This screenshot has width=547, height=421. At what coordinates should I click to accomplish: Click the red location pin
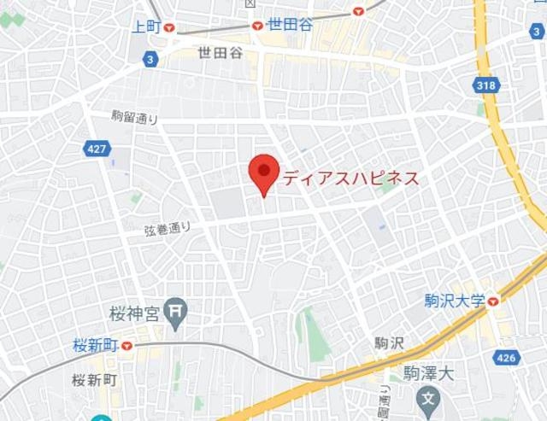pos(264,172)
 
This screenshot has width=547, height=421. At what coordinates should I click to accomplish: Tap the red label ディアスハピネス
pos(350,178)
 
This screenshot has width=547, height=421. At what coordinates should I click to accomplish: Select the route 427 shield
pos(97,149)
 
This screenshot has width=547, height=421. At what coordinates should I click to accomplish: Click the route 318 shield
pos(485,85)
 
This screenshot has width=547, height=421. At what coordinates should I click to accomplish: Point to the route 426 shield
pos(506,357)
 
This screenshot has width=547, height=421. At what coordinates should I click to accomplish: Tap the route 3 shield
pos(150,59)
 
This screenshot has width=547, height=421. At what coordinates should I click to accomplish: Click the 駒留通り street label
pos(135,118)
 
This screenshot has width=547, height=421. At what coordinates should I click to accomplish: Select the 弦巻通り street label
pos(168,229)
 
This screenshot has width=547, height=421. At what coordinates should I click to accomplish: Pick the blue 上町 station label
pos(146,26)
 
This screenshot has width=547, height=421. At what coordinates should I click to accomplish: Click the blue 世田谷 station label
pos(290,25)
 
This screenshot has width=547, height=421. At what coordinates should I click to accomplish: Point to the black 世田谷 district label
pos(220,53)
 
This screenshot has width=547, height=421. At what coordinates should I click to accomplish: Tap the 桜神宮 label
pos(135,313)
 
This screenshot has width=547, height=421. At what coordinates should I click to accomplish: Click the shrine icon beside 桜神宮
pos(177,313)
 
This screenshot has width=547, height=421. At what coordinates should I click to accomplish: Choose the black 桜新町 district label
pos(95,379)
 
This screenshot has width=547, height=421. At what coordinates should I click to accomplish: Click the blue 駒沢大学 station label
pos(455,301)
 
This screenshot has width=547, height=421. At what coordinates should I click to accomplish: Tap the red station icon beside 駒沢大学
pos(493,301)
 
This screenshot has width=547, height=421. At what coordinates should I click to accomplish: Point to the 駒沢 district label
pos(389,343)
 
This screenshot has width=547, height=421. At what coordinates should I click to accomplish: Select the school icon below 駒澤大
pos(429,398)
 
